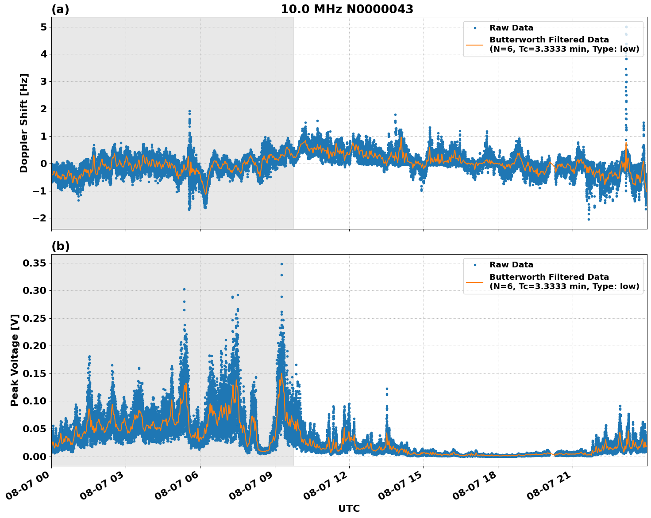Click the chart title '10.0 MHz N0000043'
pyautogui.click(x=347, y=9)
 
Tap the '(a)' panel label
pyautogui.click(x=60, y=9)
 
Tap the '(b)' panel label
pyautogui.click(x=60, y=246)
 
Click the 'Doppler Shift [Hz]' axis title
pyautogui.click(x=24, y=123)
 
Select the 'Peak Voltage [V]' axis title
pyautogui.click(x=15, y=360)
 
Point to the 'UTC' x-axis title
pyautogui.click(x=349, y=508)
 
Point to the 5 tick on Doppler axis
pyautogui.click(x=43, y=27)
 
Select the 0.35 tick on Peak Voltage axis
pyautogui.click(x=35, y=263)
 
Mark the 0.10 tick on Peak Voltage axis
pyautogui.click(x=35, y=401)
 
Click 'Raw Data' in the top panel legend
pyautogui.click(x=511, y=28)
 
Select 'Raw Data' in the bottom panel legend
pyautogui.click(x=511, y=265)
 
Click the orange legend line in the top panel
pyautogui.click(x=474, y=45)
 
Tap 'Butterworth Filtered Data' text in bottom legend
pyautogui.click(x=549, y=277)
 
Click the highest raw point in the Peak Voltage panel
pyautogui.click(x=281, y=264)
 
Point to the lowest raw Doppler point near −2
pyautogui.click(x=589, y=219)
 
